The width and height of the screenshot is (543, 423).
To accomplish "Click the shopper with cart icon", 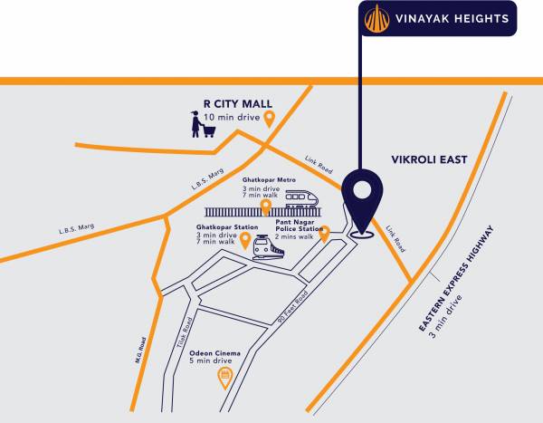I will pos(203,124).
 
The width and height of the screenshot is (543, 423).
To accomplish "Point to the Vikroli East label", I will pos(428,159).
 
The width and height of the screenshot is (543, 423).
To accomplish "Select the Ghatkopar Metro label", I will pos(267,180).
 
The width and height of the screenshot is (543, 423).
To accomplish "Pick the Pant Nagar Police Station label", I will pos(299,224).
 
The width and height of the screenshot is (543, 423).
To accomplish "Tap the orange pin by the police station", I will pos(325,235).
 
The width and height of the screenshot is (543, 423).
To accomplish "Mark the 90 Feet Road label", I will pos(291,310).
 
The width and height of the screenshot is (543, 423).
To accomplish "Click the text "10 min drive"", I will pos(231,118).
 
